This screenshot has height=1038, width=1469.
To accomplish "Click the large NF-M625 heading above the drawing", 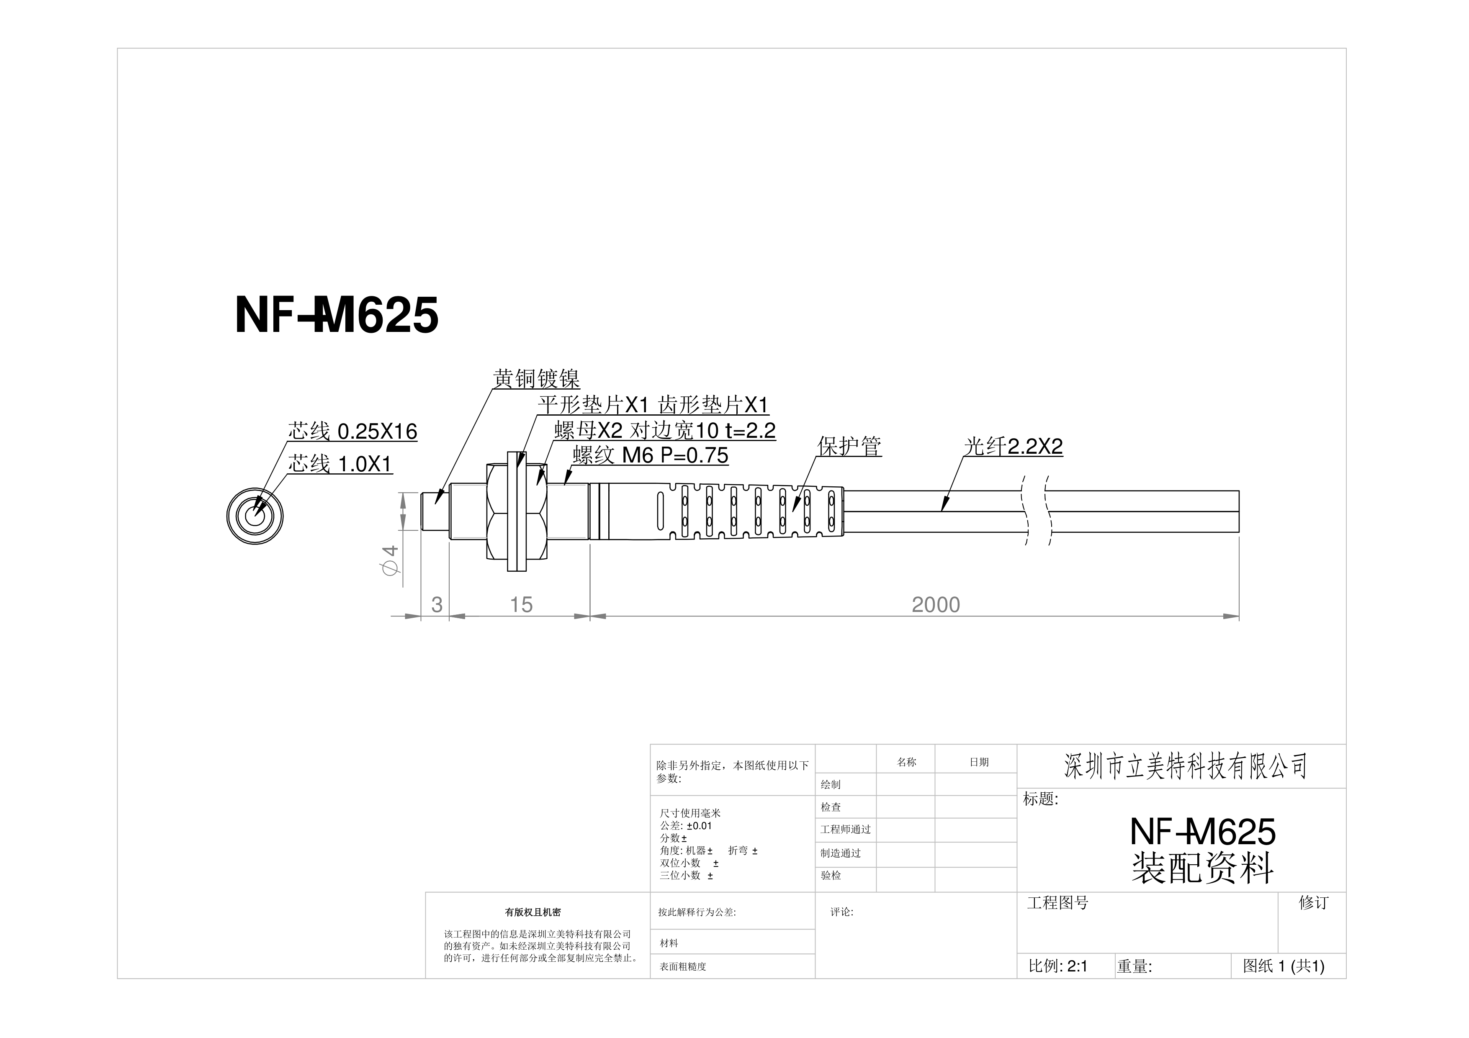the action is (x=337, y=315).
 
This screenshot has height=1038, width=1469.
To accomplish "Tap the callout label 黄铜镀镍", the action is (x=537, y=379).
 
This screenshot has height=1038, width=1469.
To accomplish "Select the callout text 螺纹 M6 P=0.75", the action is (x=651, y=455).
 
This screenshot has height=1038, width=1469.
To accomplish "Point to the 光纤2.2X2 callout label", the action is (x=1014, y=447).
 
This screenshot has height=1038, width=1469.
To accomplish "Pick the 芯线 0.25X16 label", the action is (x=352, y=432).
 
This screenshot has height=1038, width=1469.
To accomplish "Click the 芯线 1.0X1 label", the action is (x=340, y=464).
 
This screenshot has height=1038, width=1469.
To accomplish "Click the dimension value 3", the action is (x=437, y=604).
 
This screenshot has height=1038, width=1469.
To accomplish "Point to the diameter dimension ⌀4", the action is (x=390, y=560).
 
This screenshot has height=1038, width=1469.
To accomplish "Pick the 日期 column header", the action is (x=979, y=762).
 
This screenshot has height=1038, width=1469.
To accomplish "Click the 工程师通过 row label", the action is (x=846, y=830).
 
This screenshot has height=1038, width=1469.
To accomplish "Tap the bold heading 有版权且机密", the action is (x=533, y=913).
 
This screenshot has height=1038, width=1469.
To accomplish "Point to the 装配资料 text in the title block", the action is (x=1203, y=868).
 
